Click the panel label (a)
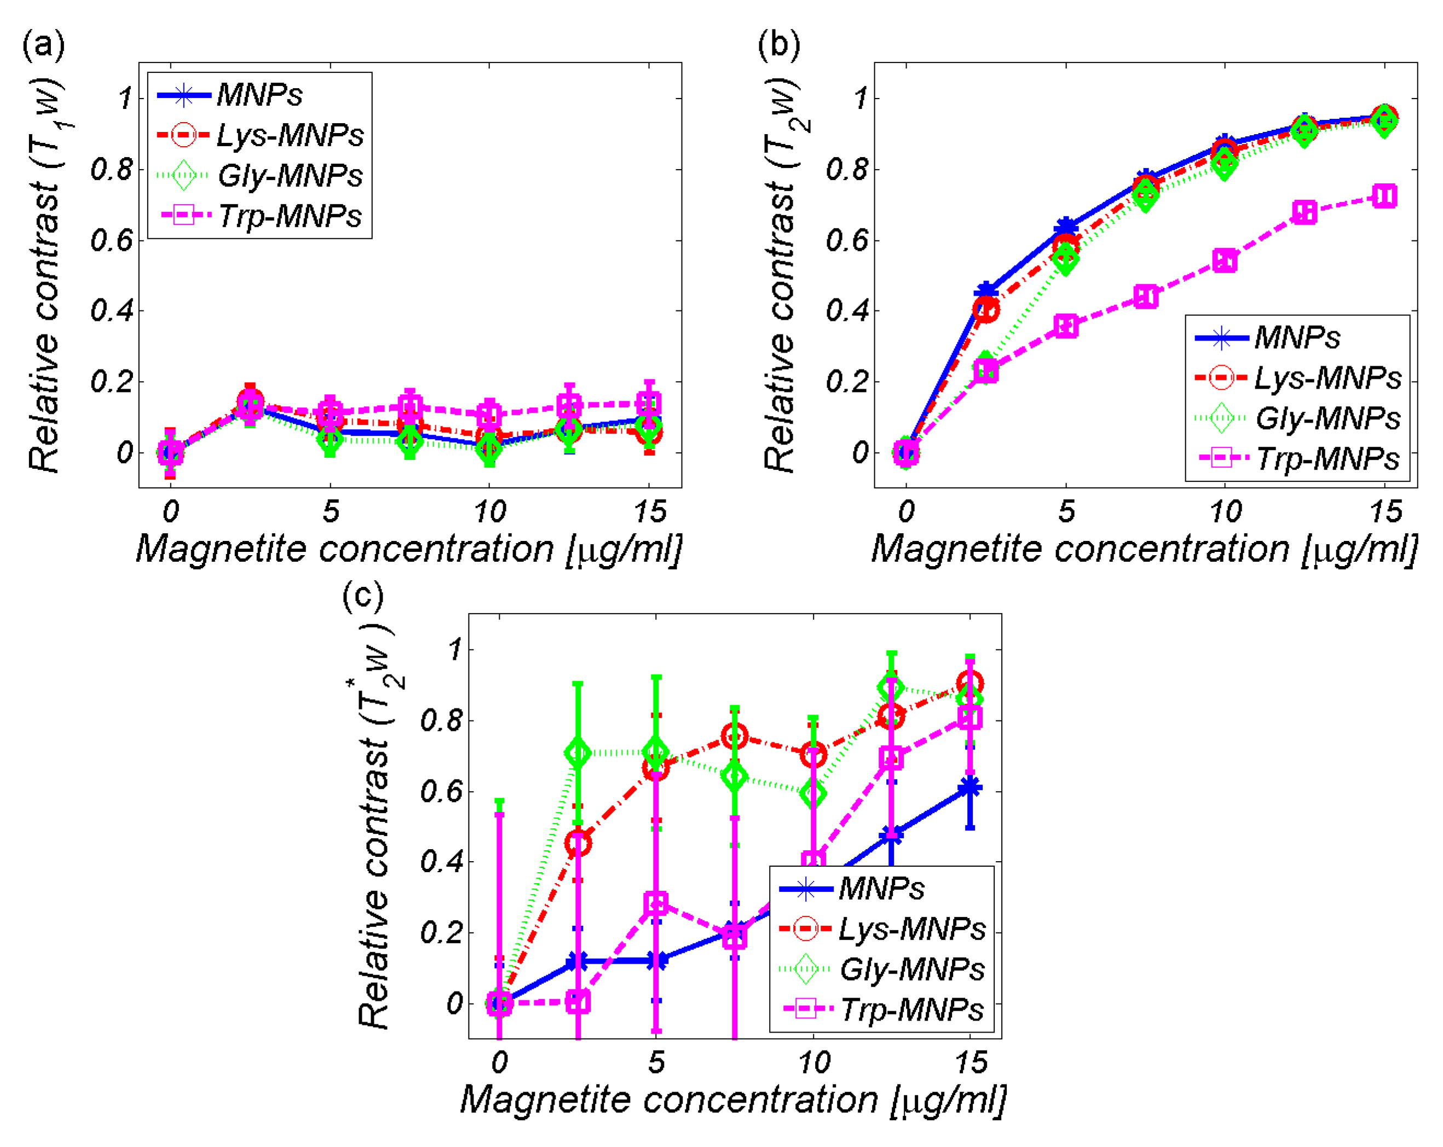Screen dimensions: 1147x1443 43,45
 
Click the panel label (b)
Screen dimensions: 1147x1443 778,45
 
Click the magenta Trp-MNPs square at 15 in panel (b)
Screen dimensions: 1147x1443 1384,196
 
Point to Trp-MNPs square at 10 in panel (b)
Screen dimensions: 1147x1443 1225,260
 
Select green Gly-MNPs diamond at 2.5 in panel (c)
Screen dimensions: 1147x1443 578,753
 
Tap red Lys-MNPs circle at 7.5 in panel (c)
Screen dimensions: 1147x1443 734,737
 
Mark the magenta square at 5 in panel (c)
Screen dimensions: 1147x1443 656,903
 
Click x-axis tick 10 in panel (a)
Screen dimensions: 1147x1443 489,512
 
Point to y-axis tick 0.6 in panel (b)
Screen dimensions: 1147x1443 846,240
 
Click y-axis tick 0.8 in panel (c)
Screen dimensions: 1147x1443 441,721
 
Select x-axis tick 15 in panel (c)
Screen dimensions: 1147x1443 971,1063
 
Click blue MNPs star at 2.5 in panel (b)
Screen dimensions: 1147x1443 986,292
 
